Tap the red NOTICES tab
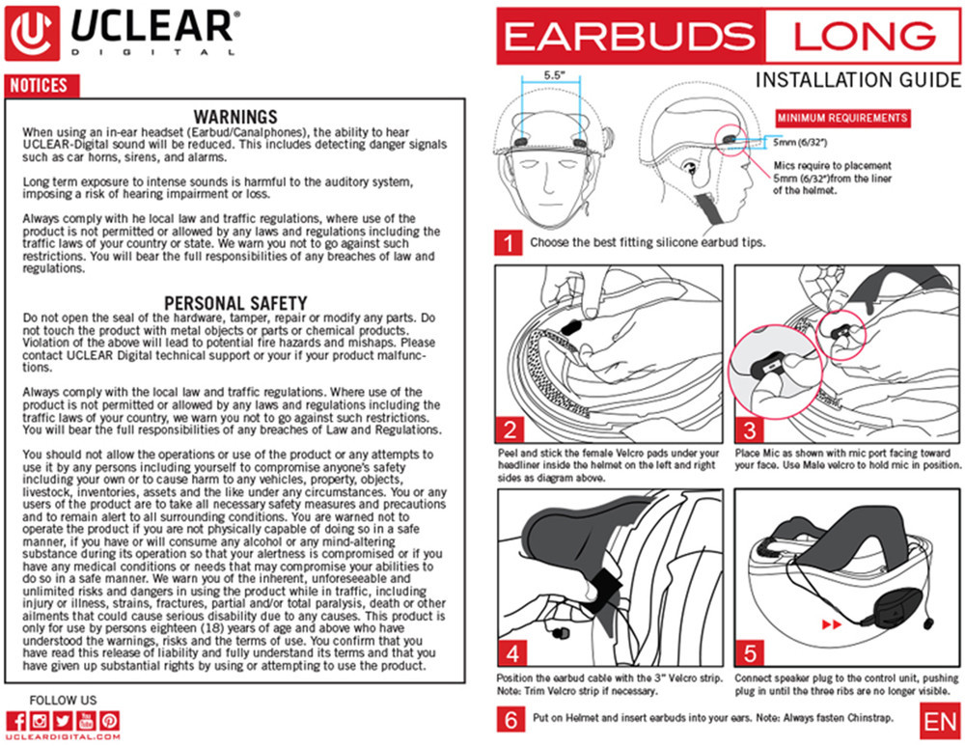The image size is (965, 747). (40, 86)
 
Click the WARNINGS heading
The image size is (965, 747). (235, 117)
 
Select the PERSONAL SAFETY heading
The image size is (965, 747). (235, 303)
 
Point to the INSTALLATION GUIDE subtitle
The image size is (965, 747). (858, 79)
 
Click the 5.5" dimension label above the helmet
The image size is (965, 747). (554, 74)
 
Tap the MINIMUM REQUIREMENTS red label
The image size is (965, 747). (842, 118)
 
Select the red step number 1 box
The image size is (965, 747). (508, 242)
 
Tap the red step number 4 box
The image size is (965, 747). (513, 652)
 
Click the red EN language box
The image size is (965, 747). (939, 720)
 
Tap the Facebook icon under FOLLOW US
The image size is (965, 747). (15, 720)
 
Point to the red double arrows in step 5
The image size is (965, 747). (829, 624)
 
